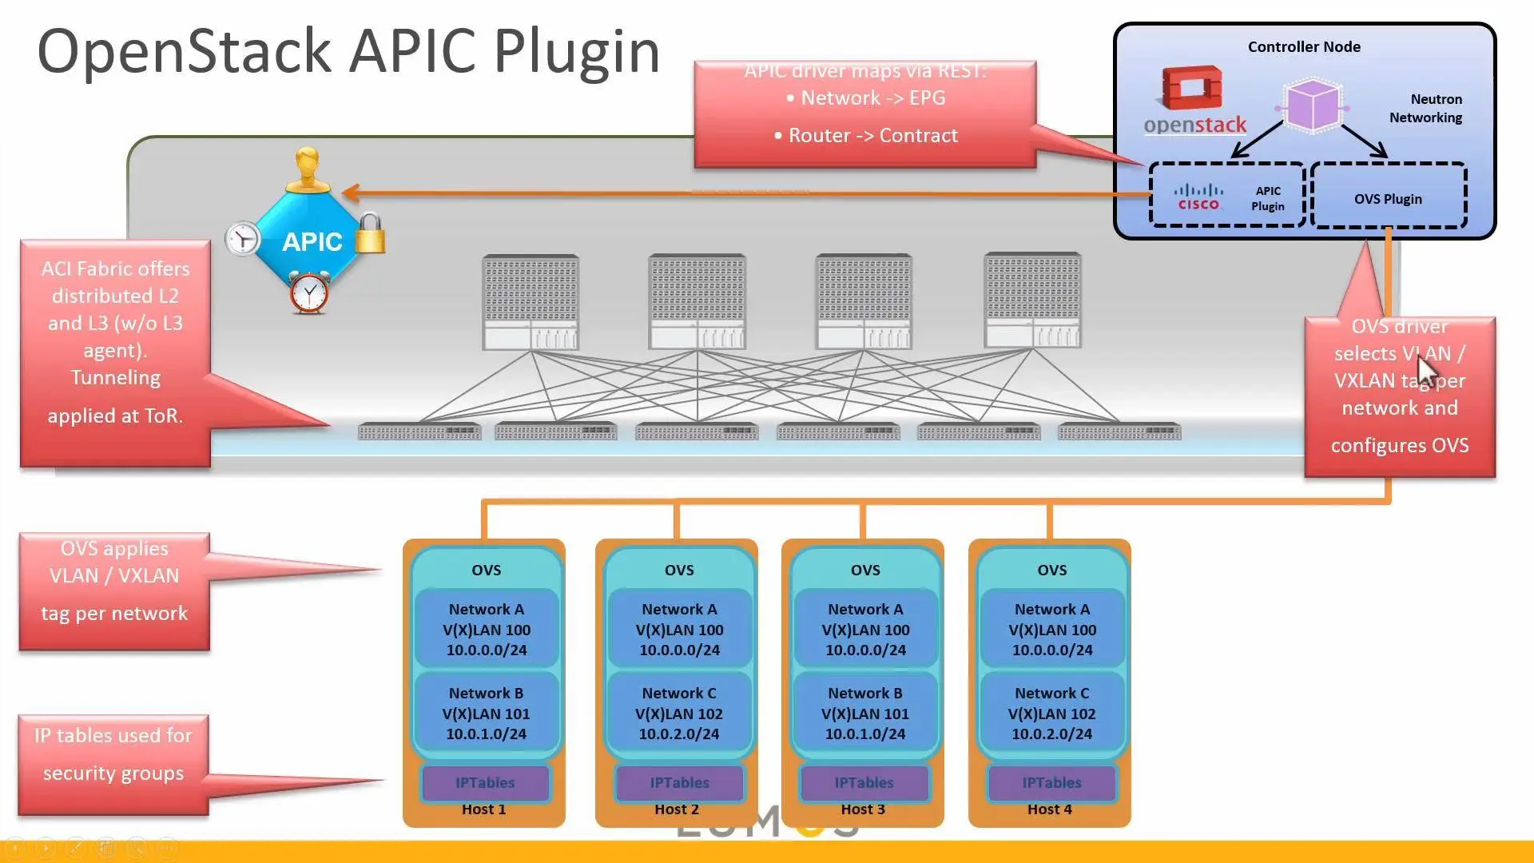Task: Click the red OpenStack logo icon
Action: click(x=1192, y=87)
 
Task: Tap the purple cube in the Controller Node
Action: click(x=1313, y=105)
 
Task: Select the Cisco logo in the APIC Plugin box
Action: click(x=1198, y=197)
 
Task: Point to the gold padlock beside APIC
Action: click(x=370, y=233)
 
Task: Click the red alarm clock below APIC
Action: click(x=309, y=293)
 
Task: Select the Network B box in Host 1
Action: click(x=486, y=714)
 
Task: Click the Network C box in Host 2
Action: click(x=679, y=714)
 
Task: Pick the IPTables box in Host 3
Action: click(x=864, y=783)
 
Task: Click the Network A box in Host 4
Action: click(x=1051, y=630)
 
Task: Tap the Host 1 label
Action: click(x=483, y=809)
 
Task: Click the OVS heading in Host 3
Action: click(x=865, y=570)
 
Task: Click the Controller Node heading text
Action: click(x=1304, y=47)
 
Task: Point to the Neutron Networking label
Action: click(x=1425, y=109)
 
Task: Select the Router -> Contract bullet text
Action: click(x=872, y=136)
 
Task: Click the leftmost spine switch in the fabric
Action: click(x=531, y=302)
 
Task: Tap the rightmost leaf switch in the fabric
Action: click(x=1119, y=432)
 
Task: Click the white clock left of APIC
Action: click(x=242, y=239)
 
